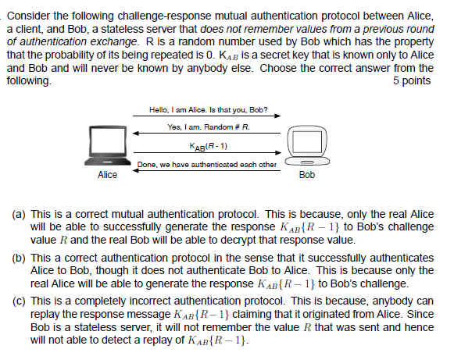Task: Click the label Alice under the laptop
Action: point(107,175)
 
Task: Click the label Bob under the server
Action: point(307,175)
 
